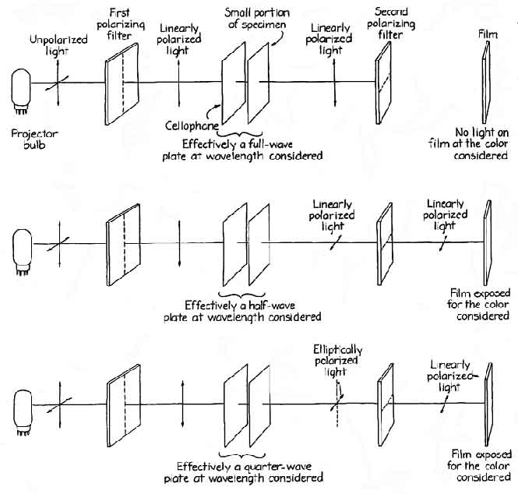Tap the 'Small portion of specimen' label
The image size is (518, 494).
click(251, 19)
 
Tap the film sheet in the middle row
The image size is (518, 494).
click(485, 243)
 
